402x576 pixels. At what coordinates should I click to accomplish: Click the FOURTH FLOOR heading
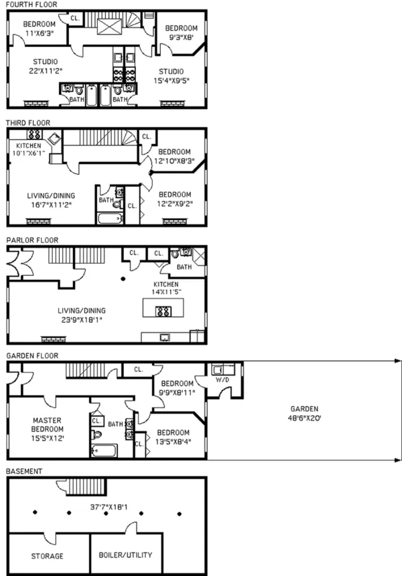pos(31,5)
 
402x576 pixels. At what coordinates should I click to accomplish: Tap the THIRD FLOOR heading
pos(27,123)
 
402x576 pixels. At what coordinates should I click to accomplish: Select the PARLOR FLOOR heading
pos(32,240)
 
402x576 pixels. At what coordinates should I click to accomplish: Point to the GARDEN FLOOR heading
pos(32,356)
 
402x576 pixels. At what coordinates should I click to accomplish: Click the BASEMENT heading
pos(24,471)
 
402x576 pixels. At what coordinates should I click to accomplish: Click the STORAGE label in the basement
pos(48,555)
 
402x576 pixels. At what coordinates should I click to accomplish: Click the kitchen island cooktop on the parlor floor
pos(163,310)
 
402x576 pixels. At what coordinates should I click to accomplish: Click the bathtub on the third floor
pos(107,218)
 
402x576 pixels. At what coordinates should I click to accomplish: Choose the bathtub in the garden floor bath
pos(105,450)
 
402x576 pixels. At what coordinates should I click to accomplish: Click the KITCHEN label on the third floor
pos(24,146)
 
